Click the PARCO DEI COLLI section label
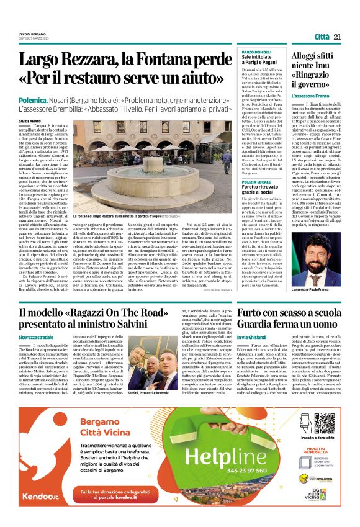click(256, 53)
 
